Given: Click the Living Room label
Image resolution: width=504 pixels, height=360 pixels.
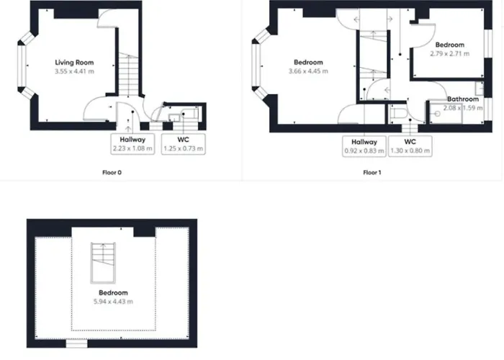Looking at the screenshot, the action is [74, 63].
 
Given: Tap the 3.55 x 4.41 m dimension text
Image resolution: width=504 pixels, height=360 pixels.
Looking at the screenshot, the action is [74, 71].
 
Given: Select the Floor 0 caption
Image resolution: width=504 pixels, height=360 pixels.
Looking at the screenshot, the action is [112, 173].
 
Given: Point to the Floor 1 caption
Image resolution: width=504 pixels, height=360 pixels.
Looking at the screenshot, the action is [372, 173].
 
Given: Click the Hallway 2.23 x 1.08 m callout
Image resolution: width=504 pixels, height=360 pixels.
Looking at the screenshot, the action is [132, 144].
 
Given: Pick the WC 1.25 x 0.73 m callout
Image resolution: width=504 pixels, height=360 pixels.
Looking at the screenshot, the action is [183, 144].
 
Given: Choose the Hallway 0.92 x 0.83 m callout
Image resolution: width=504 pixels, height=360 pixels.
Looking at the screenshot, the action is [364, 146].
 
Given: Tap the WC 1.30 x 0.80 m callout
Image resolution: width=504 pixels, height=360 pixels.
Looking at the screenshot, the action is [410, 146].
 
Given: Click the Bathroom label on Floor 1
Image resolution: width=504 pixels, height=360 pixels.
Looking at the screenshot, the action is [463, 99].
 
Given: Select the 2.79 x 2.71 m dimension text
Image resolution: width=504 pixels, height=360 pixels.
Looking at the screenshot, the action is [450, 54].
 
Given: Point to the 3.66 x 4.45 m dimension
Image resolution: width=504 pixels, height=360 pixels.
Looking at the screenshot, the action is [308, 71].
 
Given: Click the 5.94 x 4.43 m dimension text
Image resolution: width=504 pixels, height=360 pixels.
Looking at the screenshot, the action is [113, 302].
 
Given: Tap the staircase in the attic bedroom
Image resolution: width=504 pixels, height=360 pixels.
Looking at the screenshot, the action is [103, 263].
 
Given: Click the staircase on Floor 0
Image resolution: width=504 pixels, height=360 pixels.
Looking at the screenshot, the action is [129, 75].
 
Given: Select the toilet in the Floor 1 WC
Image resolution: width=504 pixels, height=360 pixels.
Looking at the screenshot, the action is [397, 114].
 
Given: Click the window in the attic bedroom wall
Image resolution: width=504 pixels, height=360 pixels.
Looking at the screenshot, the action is [76, 344].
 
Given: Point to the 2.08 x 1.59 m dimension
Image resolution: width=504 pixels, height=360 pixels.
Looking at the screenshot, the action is [463, 108].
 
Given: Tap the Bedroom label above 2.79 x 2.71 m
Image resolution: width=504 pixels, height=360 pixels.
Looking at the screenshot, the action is [450, 45].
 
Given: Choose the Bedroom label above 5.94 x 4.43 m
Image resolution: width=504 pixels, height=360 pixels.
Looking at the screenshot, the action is [113, 292].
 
